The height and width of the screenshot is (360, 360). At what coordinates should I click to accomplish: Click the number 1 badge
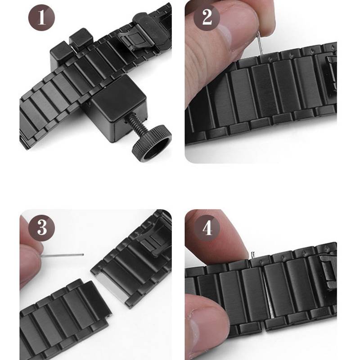click(42, 19)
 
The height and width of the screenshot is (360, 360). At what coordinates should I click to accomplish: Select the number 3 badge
click(42, 227)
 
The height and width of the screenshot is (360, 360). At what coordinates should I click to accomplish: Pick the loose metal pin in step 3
click(63, 255)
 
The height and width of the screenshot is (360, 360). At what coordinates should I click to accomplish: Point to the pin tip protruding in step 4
click(253, 255)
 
